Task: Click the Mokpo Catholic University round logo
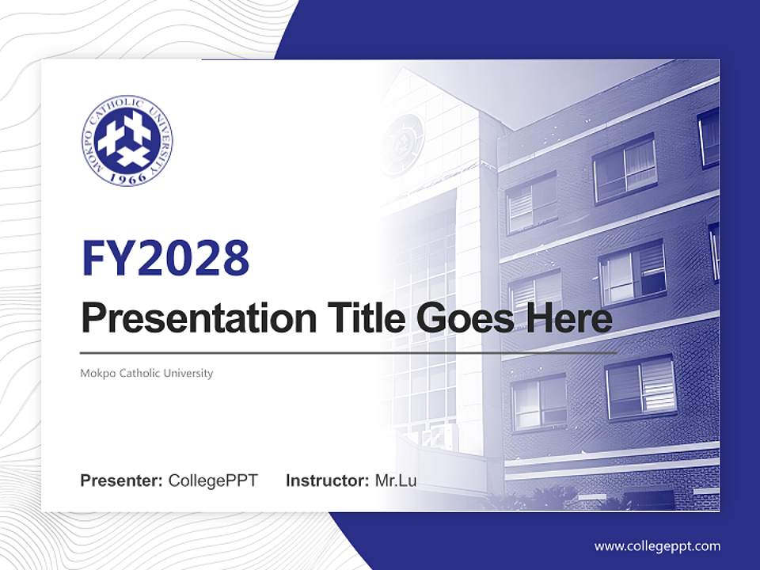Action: pyautogui.click(x=127, y=140)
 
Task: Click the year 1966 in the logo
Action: pyautogui.click(x=127, y=178)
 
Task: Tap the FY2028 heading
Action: pyautogui.click(x=165, y=259)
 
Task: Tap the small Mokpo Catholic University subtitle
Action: pyautogui.click(x=146, y=373)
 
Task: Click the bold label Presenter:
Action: pyautogui.click(x=122, y=481)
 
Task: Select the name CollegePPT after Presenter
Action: pyautogui.click(x=213, y=481)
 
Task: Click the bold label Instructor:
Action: pyautogui.click(x=327, y=481)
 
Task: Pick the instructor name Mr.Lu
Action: pyautogui.click(x=396, y=481)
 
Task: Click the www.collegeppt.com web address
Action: pyautogui.click(x=657, y=546)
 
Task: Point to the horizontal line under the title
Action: pyautogui.click(x=348, y=352)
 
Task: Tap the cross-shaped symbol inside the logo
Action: pyautogui.click(x=127, y=139)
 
